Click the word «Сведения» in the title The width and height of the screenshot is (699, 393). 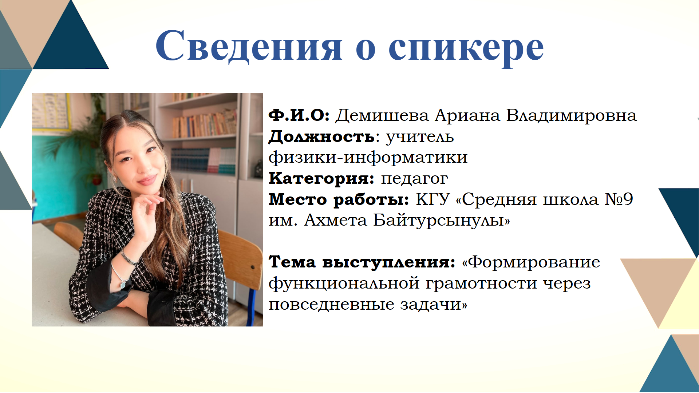249,46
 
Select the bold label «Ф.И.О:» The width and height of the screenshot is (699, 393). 299,115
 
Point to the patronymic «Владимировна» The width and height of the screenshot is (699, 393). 572,116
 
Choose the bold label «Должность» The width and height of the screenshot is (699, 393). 321,137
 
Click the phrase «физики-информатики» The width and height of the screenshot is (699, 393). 368,158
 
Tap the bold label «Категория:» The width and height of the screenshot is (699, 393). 321,179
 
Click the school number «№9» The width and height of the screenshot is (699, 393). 619,199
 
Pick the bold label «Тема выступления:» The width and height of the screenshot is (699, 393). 362,262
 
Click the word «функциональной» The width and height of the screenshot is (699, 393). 344,283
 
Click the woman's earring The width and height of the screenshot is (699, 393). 115,179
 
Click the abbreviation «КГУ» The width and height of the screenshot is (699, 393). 433,199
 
